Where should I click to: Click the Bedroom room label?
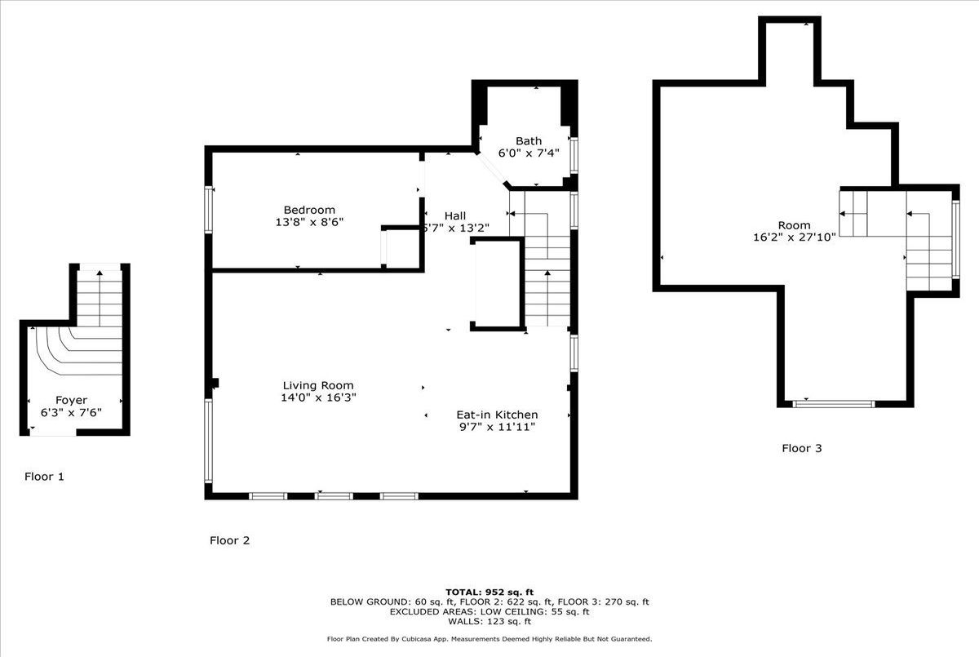(x=309, y=210)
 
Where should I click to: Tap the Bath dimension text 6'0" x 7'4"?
(x=529, y=153)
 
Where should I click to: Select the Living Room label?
(x=318, y=385)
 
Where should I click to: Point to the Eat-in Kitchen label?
(x=497, y=415)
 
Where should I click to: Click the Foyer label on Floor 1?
(x=71, y=401)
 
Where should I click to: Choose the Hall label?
(x=455, y=215)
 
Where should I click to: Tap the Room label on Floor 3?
(x=794, y=225)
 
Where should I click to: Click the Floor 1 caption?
(x=44, y=477)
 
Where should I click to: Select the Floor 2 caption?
(x=229, y=540)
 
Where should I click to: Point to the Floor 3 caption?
(x=801, y=448)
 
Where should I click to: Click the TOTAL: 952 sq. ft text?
(x=489, y=593)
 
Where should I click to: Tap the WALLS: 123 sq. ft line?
(x=489, y=621)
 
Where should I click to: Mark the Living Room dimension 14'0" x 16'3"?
(x=318, y=397)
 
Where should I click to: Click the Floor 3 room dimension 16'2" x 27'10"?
(x=794, y=237)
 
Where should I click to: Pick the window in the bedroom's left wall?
(x=209, y=209)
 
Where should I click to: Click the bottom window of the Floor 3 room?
(x=834, y=404)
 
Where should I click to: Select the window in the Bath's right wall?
(x=574, y=155)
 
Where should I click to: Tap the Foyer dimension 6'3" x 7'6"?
(x=71, y=413)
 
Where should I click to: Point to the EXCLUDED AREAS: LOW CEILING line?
(x=489, y=611)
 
